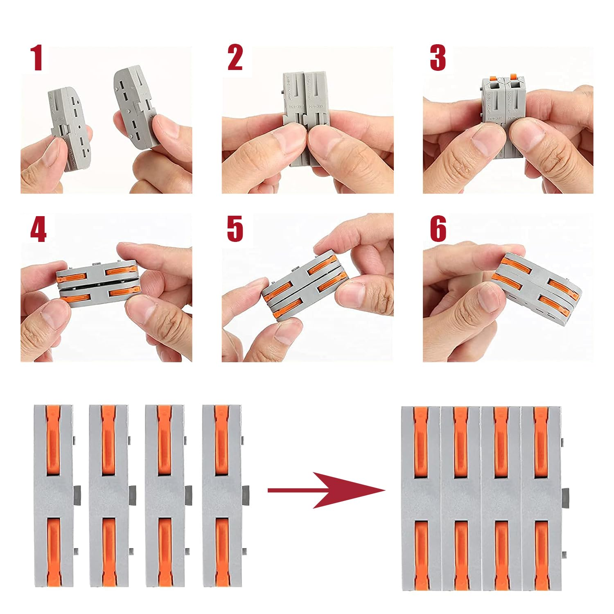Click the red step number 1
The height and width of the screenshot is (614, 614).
click(37, 58)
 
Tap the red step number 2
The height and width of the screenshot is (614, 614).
click(235, 58)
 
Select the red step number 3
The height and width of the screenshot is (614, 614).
click(438, 58)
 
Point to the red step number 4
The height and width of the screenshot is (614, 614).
click(38, 230)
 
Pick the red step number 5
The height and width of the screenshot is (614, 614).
click(235, 229)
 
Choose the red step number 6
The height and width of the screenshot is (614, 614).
click(438, 229)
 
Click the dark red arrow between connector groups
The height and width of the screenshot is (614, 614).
click(327, 490)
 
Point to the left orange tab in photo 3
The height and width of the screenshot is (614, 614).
click(493, 78)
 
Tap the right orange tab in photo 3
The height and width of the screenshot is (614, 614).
click(513, 77)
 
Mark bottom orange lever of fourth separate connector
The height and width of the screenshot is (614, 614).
click(222, 553)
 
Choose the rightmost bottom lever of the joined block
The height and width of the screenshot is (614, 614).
click(541, 555)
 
